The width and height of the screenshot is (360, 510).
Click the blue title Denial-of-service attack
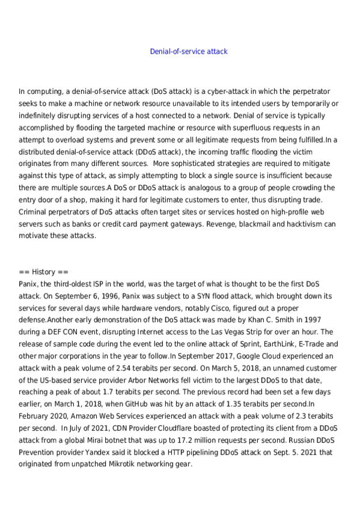[188, 52]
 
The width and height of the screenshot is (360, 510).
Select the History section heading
[43, 272]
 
